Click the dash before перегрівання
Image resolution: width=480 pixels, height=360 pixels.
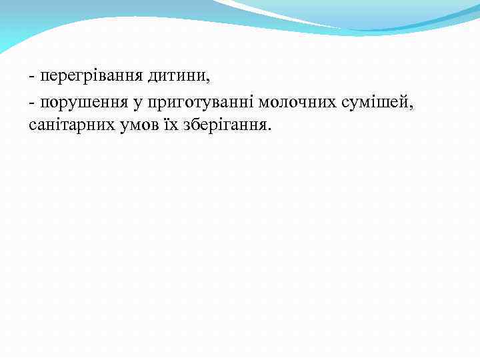(x=32, y=77)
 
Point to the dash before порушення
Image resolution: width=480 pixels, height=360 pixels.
(x=32, y=103)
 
